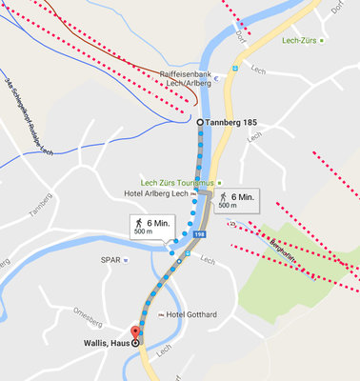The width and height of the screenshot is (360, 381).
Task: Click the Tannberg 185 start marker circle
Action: coord(199,123)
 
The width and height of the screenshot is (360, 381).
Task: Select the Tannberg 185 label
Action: coord(234,123)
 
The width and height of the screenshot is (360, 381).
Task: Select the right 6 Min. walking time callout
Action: coord(234,200)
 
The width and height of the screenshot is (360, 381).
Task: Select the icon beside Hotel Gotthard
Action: coord(161,314)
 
